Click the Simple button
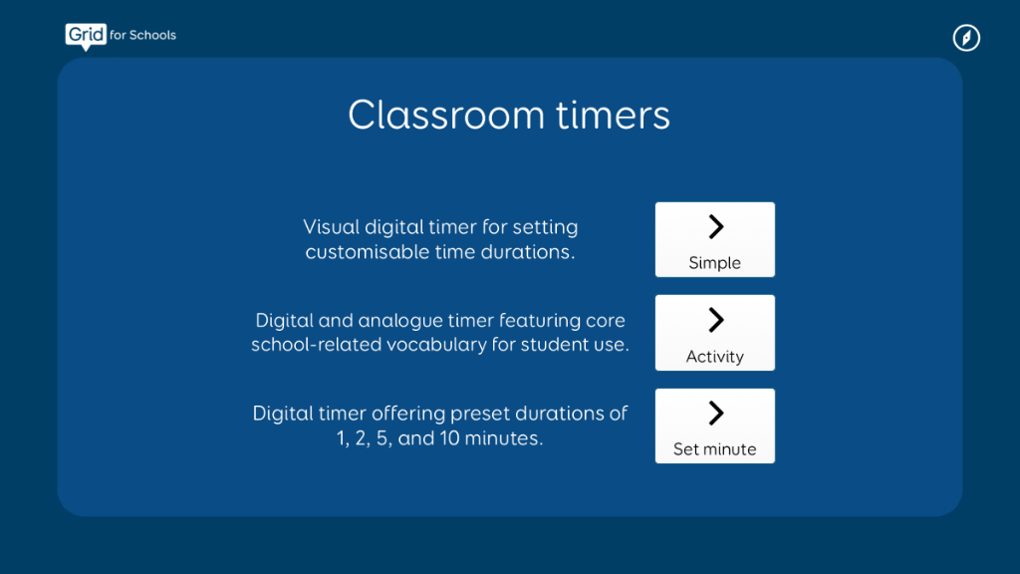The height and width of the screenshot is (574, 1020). coord(715,239)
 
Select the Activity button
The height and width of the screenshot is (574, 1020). coord(715,333)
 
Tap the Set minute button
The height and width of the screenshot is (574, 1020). coord(715,426)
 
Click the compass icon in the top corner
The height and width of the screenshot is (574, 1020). coord(966,38)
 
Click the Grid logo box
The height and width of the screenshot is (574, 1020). coord(86,35)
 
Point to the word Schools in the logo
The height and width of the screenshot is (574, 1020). coord(152,35)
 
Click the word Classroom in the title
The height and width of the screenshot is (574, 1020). coord(445,115)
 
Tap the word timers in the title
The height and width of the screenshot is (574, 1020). coord(613,115)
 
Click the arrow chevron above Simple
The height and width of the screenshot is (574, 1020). coord(715,226)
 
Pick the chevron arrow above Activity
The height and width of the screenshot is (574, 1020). coord(715,320)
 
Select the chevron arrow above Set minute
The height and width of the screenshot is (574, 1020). coord(715,413)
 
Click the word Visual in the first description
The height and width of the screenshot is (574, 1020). coord(331,227)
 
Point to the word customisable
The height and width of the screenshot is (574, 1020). coord(368,252)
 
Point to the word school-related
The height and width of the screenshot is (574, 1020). coord(316,344)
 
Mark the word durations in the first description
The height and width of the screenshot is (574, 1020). coord(528,252)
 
